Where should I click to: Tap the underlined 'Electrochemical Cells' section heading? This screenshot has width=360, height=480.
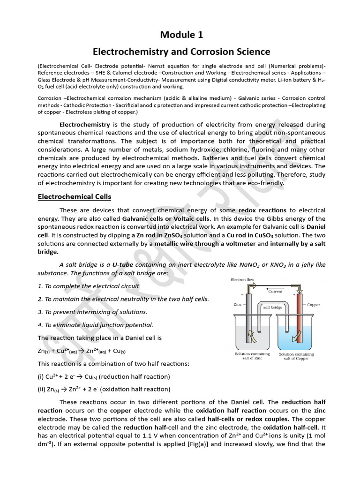pyautogui.click(x=74, y=196)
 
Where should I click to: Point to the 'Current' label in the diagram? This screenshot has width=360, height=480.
pyautogui.click(x=276, y=291)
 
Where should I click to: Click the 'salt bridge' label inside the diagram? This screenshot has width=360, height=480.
pyautogui.click(x=272, y=307)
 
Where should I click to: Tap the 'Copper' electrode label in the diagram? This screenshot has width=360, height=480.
pyautogui.click(x=314, y=305)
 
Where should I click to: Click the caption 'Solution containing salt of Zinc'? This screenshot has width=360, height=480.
pyautogui.click(x=252, y=356)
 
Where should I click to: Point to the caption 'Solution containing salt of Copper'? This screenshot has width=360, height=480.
pyautogui.click(x=296, y=356)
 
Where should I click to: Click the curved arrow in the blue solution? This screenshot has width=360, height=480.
pyautogui.click(x=296, y=336)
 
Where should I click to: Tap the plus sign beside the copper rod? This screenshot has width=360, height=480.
pyautogui.click(x=294, y=295)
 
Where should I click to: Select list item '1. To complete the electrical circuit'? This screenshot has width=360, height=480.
pyautogui.click(x=89, y=286)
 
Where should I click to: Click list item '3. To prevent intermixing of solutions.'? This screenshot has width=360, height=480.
pyautogui.click(x=92, y=312)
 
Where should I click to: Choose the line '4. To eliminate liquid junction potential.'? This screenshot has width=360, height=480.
pyautogui.click(x=95, y=325)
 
